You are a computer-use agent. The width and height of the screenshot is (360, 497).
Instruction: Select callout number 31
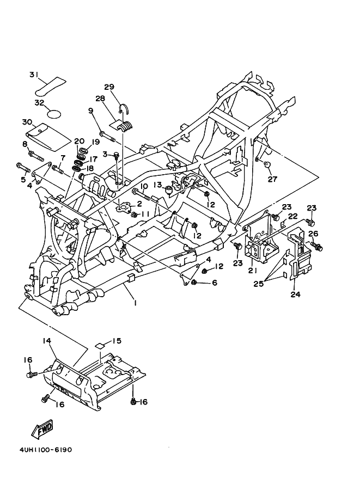(34, 75)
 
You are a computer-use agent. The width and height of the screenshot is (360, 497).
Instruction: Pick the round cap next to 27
(267, 164)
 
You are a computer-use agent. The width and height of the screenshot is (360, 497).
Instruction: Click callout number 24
(294, 296)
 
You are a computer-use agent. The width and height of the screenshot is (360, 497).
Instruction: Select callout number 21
(252, 271)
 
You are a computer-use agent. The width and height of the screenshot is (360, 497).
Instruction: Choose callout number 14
(47, 340)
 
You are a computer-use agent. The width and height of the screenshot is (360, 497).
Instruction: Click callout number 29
(108, 87)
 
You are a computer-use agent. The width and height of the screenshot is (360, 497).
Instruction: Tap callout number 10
(144, 186)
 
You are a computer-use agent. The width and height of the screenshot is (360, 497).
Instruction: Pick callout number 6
(214, 283)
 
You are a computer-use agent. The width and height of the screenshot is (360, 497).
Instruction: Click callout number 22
(292, 216)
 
